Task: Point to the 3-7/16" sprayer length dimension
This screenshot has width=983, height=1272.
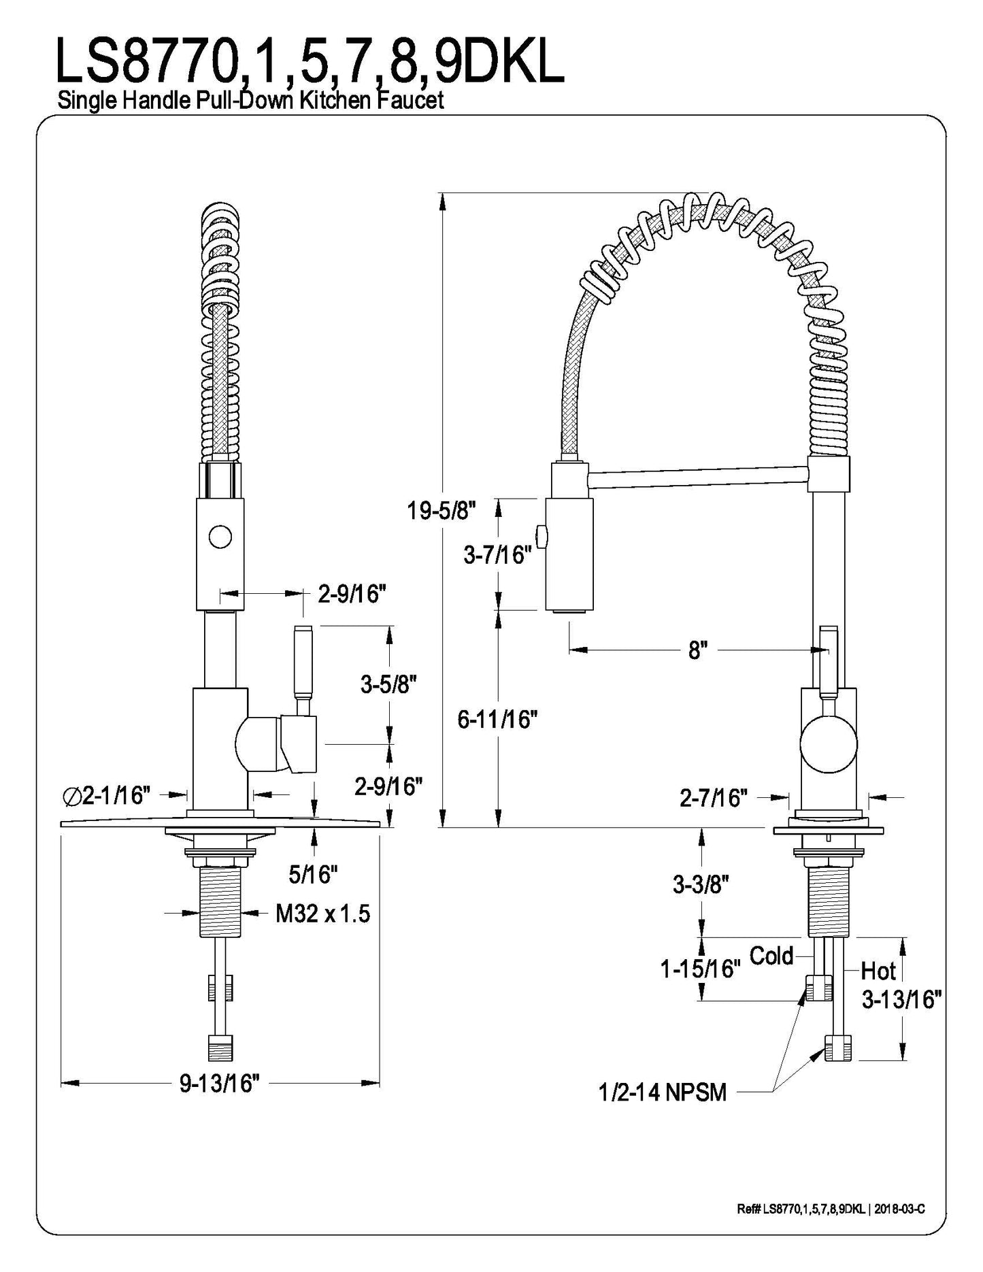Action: (497, 555)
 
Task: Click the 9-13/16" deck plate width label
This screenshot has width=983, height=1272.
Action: (220, 1083)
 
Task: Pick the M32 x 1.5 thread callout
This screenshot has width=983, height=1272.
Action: (322, 914)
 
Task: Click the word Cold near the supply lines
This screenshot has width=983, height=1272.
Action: (771, 956)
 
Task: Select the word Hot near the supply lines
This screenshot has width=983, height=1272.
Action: (879, 970)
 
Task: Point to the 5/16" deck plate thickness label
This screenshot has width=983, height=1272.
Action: (314, 874)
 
